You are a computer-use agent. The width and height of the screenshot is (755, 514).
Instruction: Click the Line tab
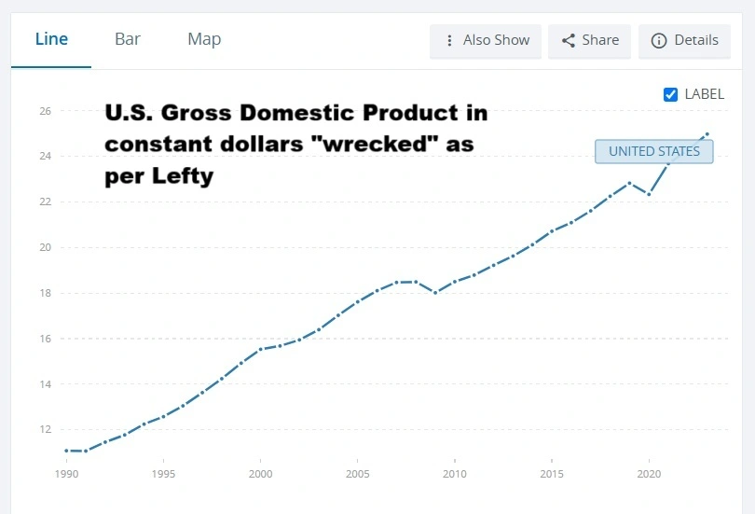pos(51,39)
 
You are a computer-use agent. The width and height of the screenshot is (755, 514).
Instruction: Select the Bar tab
pos(128,39)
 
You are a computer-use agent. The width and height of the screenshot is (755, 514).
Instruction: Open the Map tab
pos(204,39)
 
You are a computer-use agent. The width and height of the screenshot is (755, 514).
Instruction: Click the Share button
pos(590,40)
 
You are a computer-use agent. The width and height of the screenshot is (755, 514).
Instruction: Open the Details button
pos(685,40)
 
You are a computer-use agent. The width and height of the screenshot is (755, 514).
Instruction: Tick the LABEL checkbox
pos(670,94)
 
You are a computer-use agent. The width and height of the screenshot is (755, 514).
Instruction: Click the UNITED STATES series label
pos(653,151)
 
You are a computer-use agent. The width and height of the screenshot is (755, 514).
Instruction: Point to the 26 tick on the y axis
pos(45,111)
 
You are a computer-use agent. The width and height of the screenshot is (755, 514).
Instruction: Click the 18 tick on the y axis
pos(45,293)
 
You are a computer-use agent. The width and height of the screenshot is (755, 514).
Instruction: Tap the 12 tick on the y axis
pos(45,430)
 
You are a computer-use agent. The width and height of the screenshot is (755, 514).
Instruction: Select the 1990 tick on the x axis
pos(66,473)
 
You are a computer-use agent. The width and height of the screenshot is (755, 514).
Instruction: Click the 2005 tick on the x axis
pos(357,473)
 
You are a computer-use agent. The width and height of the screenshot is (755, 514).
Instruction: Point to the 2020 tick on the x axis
pos(649,473)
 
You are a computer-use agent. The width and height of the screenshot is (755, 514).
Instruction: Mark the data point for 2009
pos(435,293)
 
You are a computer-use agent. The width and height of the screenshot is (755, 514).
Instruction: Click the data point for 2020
pos(649,194)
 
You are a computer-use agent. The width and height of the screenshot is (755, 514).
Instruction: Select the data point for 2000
pos(260,349)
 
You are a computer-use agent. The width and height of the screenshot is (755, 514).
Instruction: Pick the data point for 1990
pos(66,451)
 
